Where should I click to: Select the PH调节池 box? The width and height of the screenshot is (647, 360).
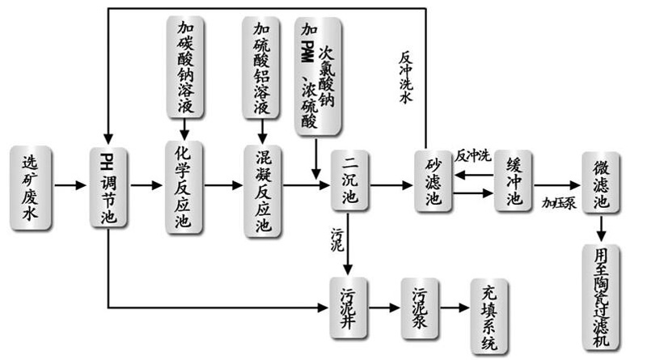pyautogui.click(x=108, y=185)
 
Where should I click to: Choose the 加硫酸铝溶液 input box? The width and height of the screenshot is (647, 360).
pyautogui.click(x=262, y=67)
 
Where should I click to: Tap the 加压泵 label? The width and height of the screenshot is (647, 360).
pyautogui.click(x=559, y=202)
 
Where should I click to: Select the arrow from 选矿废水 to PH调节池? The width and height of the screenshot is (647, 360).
pyautogui.click(x=71, y=185)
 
